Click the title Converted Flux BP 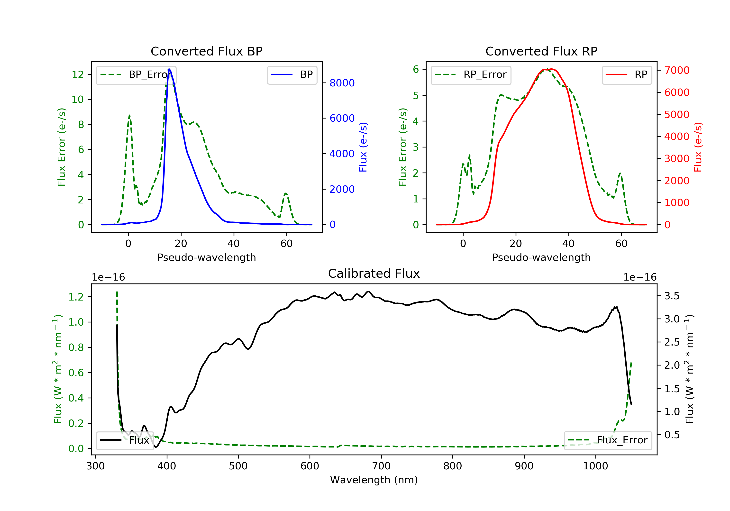point(206,51)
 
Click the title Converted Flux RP point(541,51)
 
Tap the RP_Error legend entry point(471,75)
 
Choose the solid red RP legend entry point(627,75)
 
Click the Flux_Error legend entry point(608,440)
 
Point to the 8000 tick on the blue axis point(342,83)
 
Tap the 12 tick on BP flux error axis point(78,74)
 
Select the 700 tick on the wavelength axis point(381,466)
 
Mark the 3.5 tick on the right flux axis point(672,296)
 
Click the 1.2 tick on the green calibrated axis point(76,297)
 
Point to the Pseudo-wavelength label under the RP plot point(541,257)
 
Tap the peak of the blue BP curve point(169,69)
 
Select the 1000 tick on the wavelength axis point(595,466)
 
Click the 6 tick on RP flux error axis point(416,69)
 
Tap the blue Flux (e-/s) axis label point(363,147)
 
